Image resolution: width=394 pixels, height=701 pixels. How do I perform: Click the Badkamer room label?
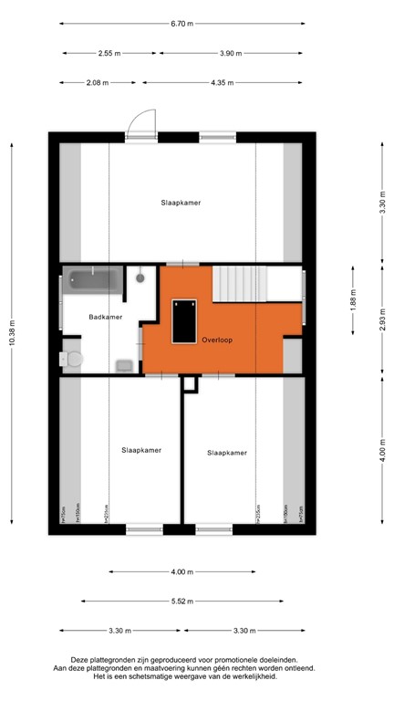coord(105,317)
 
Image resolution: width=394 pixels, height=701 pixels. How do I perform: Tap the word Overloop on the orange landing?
coord(218,340)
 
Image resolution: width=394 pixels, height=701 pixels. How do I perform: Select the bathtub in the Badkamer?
coord(92,282)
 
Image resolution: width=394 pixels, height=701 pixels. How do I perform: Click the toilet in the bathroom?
coord(73,358)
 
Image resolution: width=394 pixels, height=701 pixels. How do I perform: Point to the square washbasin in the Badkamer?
coord(125,365)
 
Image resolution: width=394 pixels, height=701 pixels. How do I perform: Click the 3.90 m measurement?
coord(233,54)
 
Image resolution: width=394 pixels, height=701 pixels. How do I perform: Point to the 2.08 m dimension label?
coord(97,83)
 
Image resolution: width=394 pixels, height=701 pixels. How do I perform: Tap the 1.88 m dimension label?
coord(352,300)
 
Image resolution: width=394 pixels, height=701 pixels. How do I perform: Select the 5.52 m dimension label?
coord(181,602)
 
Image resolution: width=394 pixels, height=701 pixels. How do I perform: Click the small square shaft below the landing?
coord(189,384)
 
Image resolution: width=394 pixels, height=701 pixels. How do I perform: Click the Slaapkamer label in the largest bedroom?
coord(180,203)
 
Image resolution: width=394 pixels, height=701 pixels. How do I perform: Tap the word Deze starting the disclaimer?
coord(79,659)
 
